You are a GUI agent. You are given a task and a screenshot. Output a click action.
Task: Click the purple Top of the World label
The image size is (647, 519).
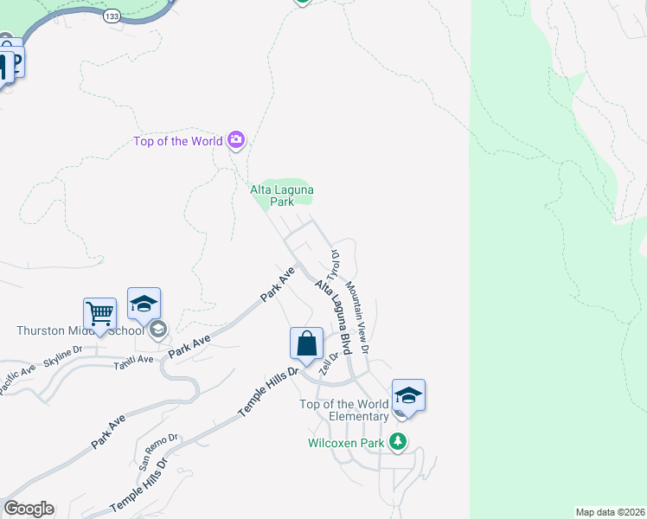(x=177, y=141)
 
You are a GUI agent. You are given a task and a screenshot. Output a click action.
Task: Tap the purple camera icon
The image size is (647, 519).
(x=235, y=140)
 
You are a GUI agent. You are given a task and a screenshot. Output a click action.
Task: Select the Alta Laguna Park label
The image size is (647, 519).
(x=281, y=195)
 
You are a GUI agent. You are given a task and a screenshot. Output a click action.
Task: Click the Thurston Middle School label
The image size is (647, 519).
(x=80, y=330)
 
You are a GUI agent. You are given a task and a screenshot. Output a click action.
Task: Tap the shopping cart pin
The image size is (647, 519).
(x=100, y=313)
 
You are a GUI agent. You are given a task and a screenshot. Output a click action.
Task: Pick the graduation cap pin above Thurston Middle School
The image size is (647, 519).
(x=144, y=304)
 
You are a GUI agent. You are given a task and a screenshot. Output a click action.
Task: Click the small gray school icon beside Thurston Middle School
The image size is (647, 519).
(x=157, y=330)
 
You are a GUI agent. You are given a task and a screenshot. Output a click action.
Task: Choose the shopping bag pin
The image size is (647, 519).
(x=307, y=344)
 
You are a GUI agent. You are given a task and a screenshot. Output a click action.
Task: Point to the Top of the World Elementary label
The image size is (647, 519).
(x=343, y=410)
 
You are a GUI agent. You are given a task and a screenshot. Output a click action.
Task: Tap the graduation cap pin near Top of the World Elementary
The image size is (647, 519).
(x=408, y=396)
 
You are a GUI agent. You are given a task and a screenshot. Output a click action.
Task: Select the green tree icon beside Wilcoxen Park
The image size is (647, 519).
(x=398, y=442)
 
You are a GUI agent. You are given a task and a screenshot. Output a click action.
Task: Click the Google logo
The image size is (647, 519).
(x=29, y=509)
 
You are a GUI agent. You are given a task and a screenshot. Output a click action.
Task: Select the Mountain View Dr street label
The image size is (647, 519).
(x=357, y=317)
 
